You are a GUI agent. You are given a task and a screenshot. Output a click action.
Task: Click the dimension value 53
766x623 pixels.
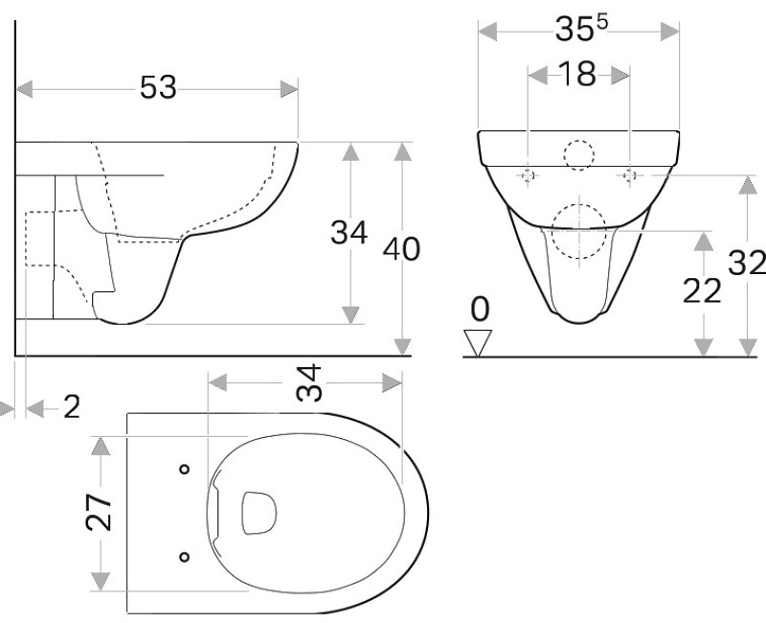[159, 88]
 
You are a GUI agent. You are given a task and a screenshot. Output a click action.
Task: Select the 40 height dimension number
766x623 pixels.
[401, 249]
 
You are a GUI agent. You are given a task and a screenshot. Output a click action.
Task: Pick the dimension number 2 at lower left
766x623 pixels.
[70, 408]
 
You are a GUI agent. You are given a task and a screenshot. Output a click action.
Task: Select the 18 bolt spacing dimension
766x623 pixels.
[578, 75]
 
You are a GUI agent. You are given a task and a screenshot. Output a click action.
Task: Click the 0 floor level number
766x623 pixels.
[480, 309]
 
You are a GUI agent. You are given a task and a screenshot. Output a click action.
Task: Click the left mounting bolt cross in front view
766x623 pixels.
[528, 175]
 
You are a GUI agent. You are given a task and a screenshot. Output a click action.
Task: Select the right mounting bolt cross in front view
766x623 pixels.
[630, 175]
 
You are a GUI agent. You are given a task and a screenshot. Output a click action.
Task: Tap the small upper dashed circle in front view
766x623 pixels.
[578, 155]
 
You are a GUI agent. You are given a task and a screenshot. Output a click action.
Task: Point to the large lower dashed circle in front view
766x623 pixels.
[578, 231]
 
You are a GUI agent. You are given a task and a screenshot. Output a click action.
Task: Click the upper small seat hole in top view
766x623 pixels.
[184, 469]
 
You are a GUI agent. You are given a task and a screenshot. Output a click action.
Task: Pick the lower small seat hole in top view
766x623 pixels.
[184, 555]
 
